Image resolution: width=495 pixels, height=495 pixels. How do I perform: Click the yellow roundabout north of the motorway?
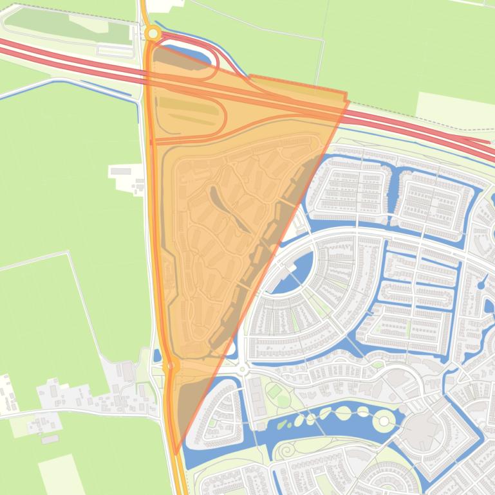pos(153,33)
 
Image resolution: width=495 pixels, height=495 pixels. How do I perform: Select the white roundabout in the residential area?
pos(243,369)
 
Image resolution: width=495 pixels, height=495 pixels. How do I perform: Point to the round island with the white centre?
pos(384,421)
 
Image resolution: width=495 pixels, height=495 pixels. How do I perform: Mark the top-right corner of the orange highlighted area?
pos(347,98)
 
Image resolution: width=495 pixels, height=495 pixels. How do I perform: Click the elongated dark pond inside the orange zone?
pos(229,209)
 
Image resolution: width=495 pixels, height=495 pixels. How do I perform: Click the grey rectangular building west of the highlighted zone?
pos(120,171)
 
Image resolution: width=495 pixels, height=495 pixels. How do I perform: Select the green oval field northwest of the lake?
pos(274,390)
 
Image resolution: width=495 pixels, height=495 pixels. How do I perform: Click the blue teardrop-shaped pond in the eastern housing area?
pos(481,285)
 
